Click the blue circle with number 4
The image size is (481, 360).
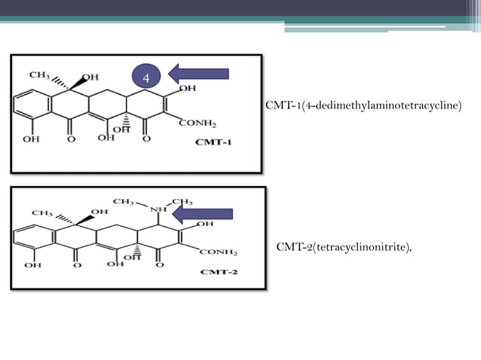coord(147,77)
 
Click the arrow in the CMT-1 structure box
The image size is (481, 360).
coord(199,73)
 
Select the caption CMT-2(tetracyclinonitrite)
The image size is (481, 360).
coord(345,246)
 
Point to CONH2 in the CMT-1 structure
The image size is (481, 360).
coord(198,124)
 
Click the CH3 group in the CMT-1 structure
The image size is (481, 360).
coord(40,75)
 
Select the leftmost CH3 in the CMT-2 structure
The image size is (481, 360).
coord(42,213)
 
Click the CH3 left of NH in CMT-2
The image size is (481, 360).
coord(124,201)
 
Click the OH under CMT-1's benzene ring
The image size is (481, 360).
coord(31,139)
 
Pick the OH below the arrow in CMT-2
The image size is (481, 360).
coord(204,224)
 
